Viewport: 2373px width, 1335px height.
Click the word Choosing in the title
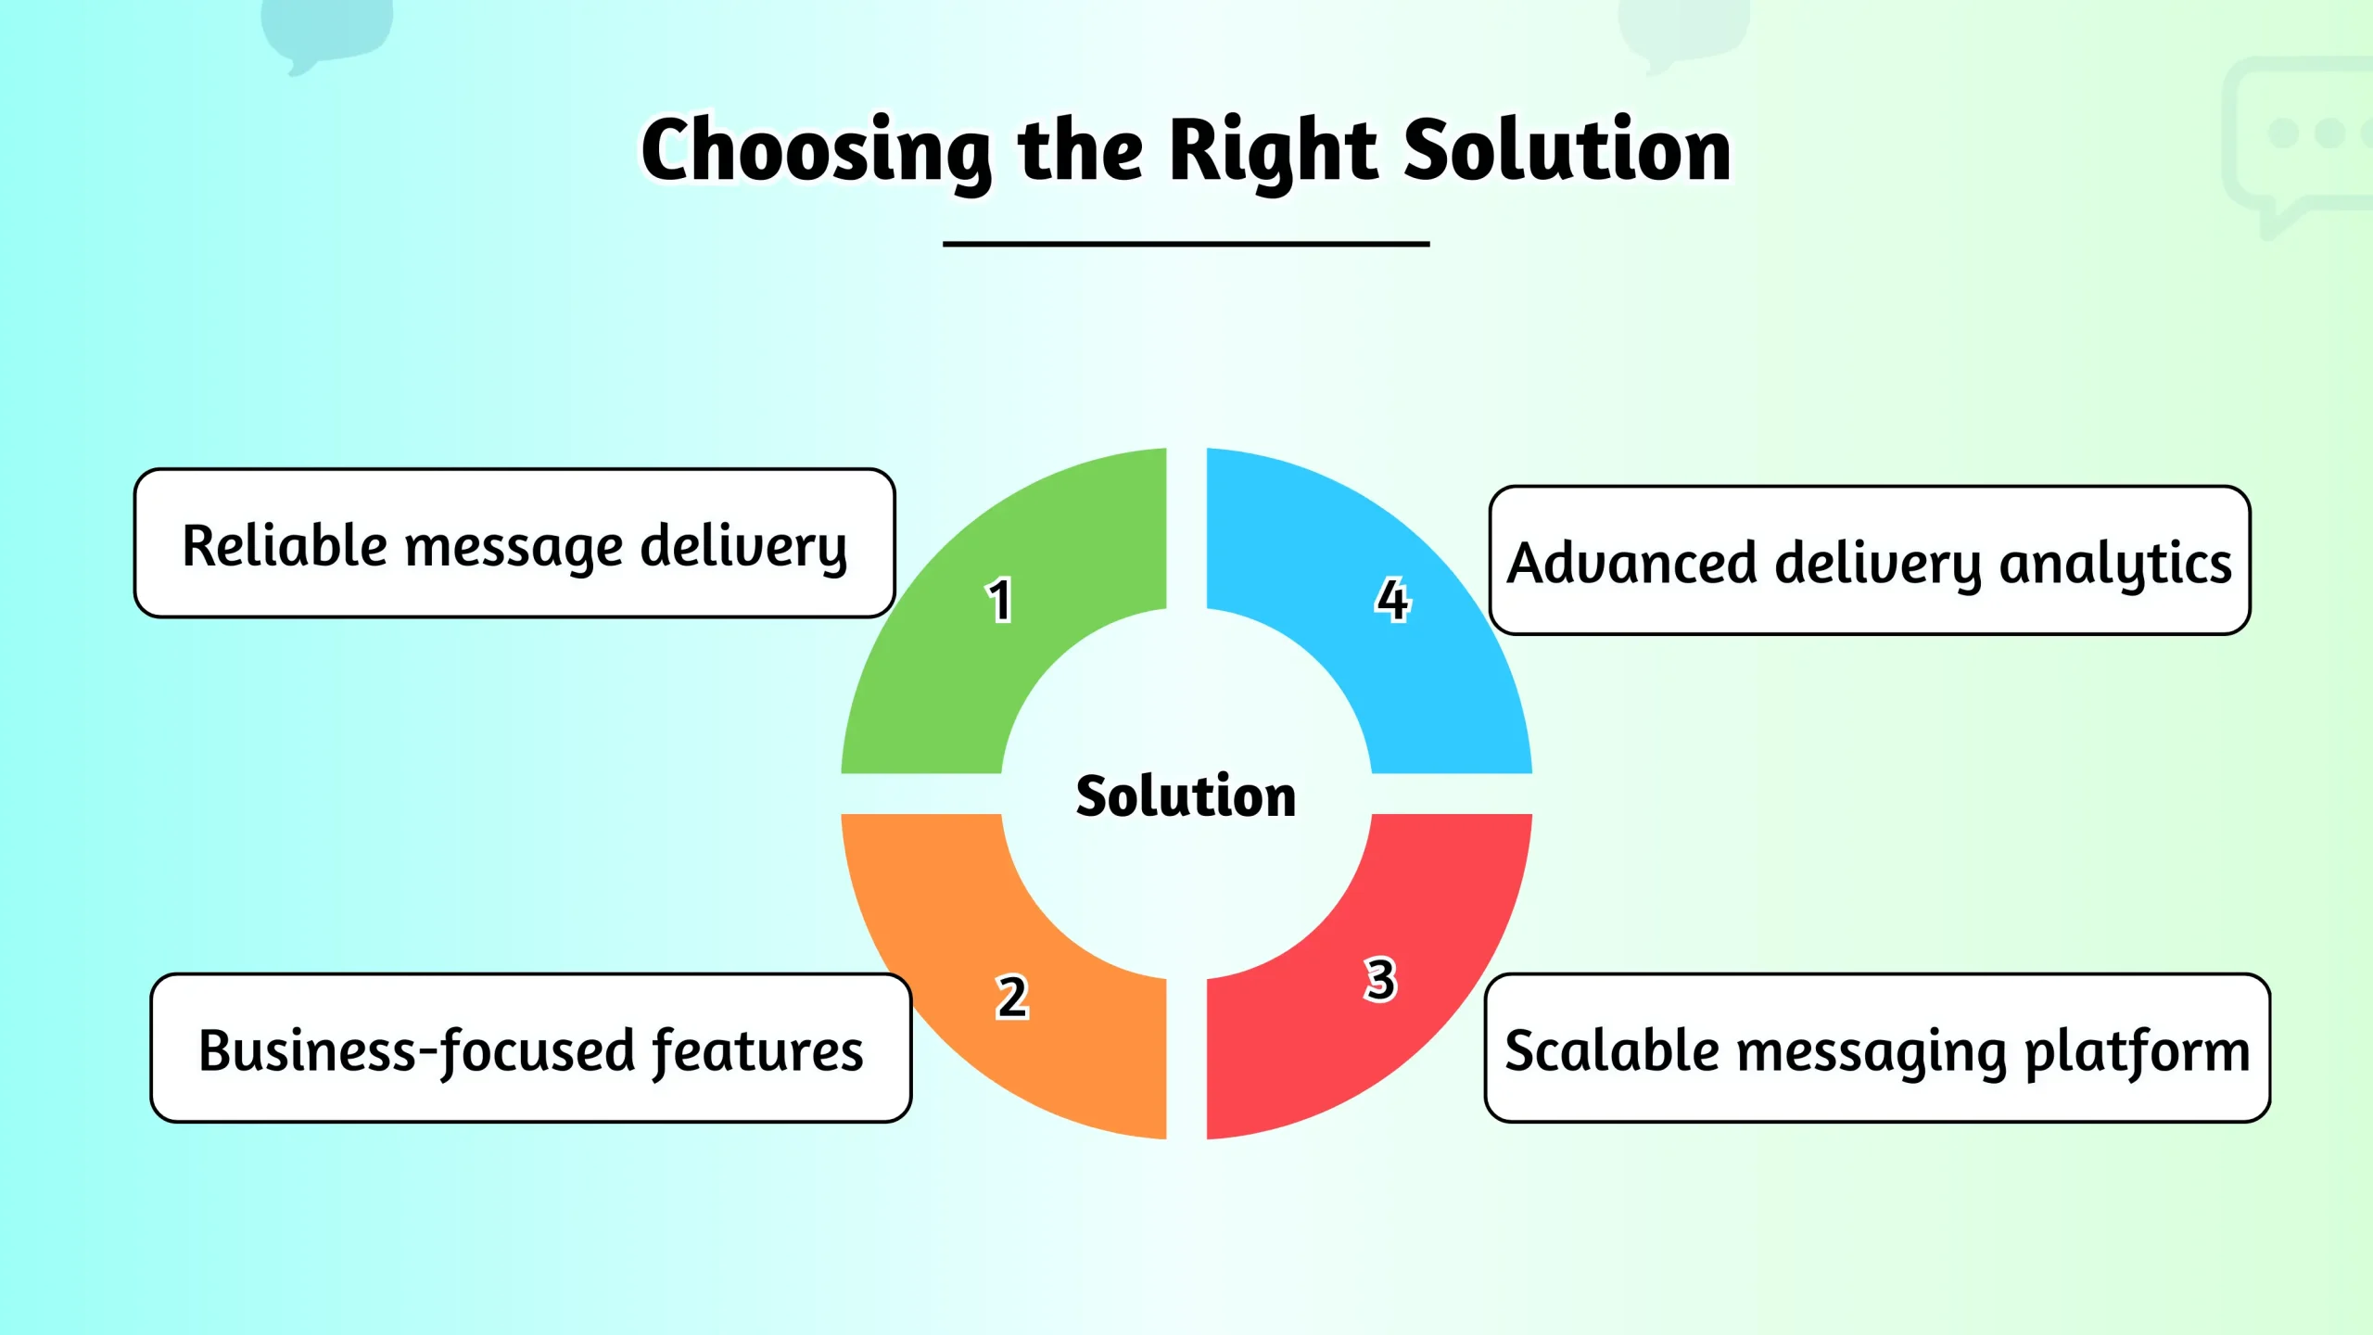point(816,151)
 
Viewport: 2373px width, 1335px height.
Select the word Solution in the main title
point(1567,151)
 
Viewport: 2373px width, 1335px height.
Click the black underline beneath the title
point(1186,244)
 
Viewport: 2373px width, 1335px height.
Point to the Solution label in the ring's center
point(1186,795)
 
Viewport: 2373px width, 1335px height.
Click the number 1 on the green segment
point(998,601)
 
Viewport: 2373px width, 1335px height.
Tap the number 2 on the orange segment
point(1012,998)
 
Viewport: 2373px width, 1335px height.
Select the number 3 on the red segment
point(1380,979)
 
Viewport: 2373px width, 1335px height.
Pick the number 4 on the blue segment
point(1392,599)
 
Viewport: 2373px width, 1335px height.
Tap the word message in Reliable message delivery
point(514,547)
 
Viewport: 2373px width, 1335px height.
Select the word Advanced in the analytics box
point(1632,563)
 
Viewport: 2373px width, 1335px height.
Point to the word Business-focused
point(417,1051)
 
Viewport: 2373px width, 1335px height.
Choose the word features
point(757,1051)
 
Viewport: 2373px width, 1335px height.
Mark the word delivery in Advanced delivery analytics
point(1877,565)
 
